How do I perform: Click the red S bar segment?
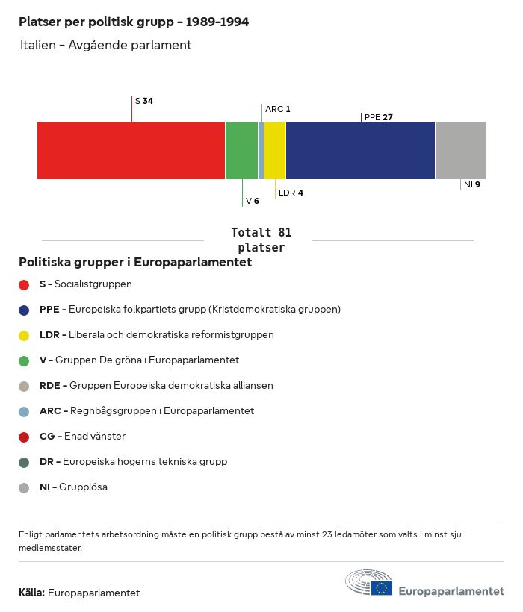(131, 151)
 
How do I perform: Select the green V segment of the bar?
(241, 151)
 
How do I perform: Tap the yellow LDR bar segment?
(274, 151)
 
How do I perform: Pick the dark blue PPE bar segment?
(360, 151)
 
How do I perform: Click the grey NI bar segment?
(460, 151)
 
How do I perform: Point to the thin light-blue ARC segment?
(261, 151)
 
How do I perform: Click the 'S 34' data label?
(144, 101)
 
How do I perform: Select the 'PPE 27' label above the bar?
(379, 117)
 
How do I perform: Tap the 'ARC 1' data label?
(277, 109)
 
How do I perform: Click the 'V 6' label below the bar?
(252, 201)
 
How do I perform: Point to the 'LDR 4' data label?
(291, 193)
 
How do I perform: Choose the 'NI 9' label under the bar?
(471, 184)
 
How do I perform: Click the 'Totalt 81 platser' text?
(261, 240)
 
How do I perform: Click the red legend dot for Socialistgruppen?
(24, 284)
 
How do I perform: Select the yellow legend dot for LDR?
(24, 335)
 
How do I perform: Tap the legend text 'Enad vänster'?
(94, 436)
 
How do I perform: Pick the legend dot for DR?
(24, 462)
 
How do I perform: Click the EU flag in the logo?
(381, 588)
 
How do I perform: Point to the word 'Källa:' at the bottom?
(31, 593)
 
